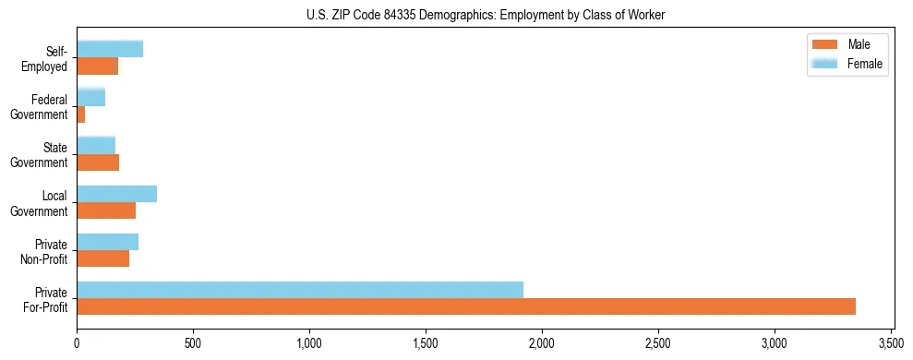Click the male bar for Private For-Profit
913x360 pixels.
pos(466,306)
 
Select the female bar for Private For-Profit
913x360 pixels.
pos(300,289)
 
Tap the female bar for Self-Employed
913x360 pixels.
pos(110,49)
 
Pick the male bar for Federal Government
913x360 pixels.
pos(81,114)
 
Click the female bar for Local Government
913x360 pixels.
pos(116,193)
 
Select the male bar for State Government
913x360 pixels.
pos(98,162)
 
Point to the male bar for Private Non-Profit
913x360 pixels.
pos(102,258)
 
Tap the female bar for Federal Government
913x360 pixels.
pos(90,97)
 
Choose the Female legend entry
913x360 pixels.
pos(851,64)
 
